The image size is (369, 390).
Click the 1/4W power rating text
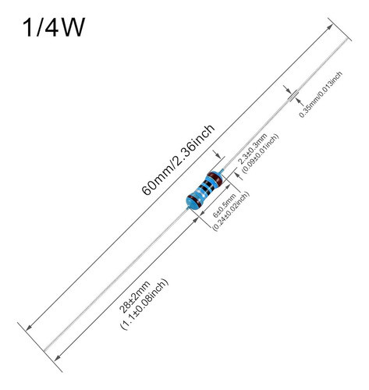pos(54,27)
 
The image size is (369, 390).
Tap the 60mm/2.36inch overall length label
pos(178,160)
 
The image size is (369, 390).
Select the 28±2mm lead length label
pos(135,296)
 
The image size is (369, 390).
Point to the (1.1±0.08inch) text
pos(144,305)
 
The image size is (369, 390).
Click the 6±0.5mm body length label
pos(224,206)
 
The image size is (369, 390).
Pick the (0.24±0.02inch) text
pos(231,211)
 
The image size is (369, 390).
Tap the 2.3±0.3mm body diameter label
pos(253,148)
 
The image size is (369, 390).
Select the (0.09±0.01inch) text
pos(261,153)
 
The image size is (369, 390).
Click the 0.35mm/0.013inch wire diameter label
pos(321,94)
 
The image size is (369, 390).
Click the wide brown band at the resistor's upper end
pos(215,178)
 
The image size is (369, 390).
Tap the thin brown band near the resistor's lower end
pos(197,200)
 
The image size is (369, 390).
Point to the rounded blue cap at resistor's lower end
pos(192,202)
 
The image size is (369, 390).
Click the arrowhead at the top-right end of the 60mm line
pos(330,27)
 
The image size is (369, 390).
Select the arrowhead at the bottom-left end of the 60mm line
pos(29,328)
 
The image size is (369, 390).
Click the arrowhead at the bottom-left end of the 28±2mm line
pos(57,358)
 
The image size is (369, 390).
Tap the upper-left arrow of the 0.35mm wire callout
pos(287,89)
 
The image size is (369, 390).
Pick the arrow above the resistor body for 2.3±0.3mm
pos(217,154)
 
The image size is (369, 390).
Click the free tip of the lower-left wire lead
pos(44,351)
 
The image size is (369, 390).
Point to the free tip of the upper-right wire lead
pos(346,40)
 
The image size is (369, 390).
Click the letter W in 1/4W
pos(73,27)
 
